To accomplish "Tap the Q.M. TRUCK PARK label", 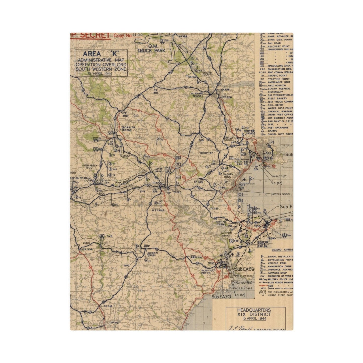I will click(151, 48).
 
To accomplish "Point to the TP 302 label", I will click(125, 115).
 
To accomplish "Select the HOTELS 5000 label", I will click(280, 194).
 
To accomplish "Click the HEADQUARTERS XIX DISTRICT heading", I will click(255, 312).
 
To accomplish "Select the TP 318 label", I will click(108, 306).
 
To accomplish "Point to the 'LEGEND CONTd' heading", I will click(282, 250).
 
